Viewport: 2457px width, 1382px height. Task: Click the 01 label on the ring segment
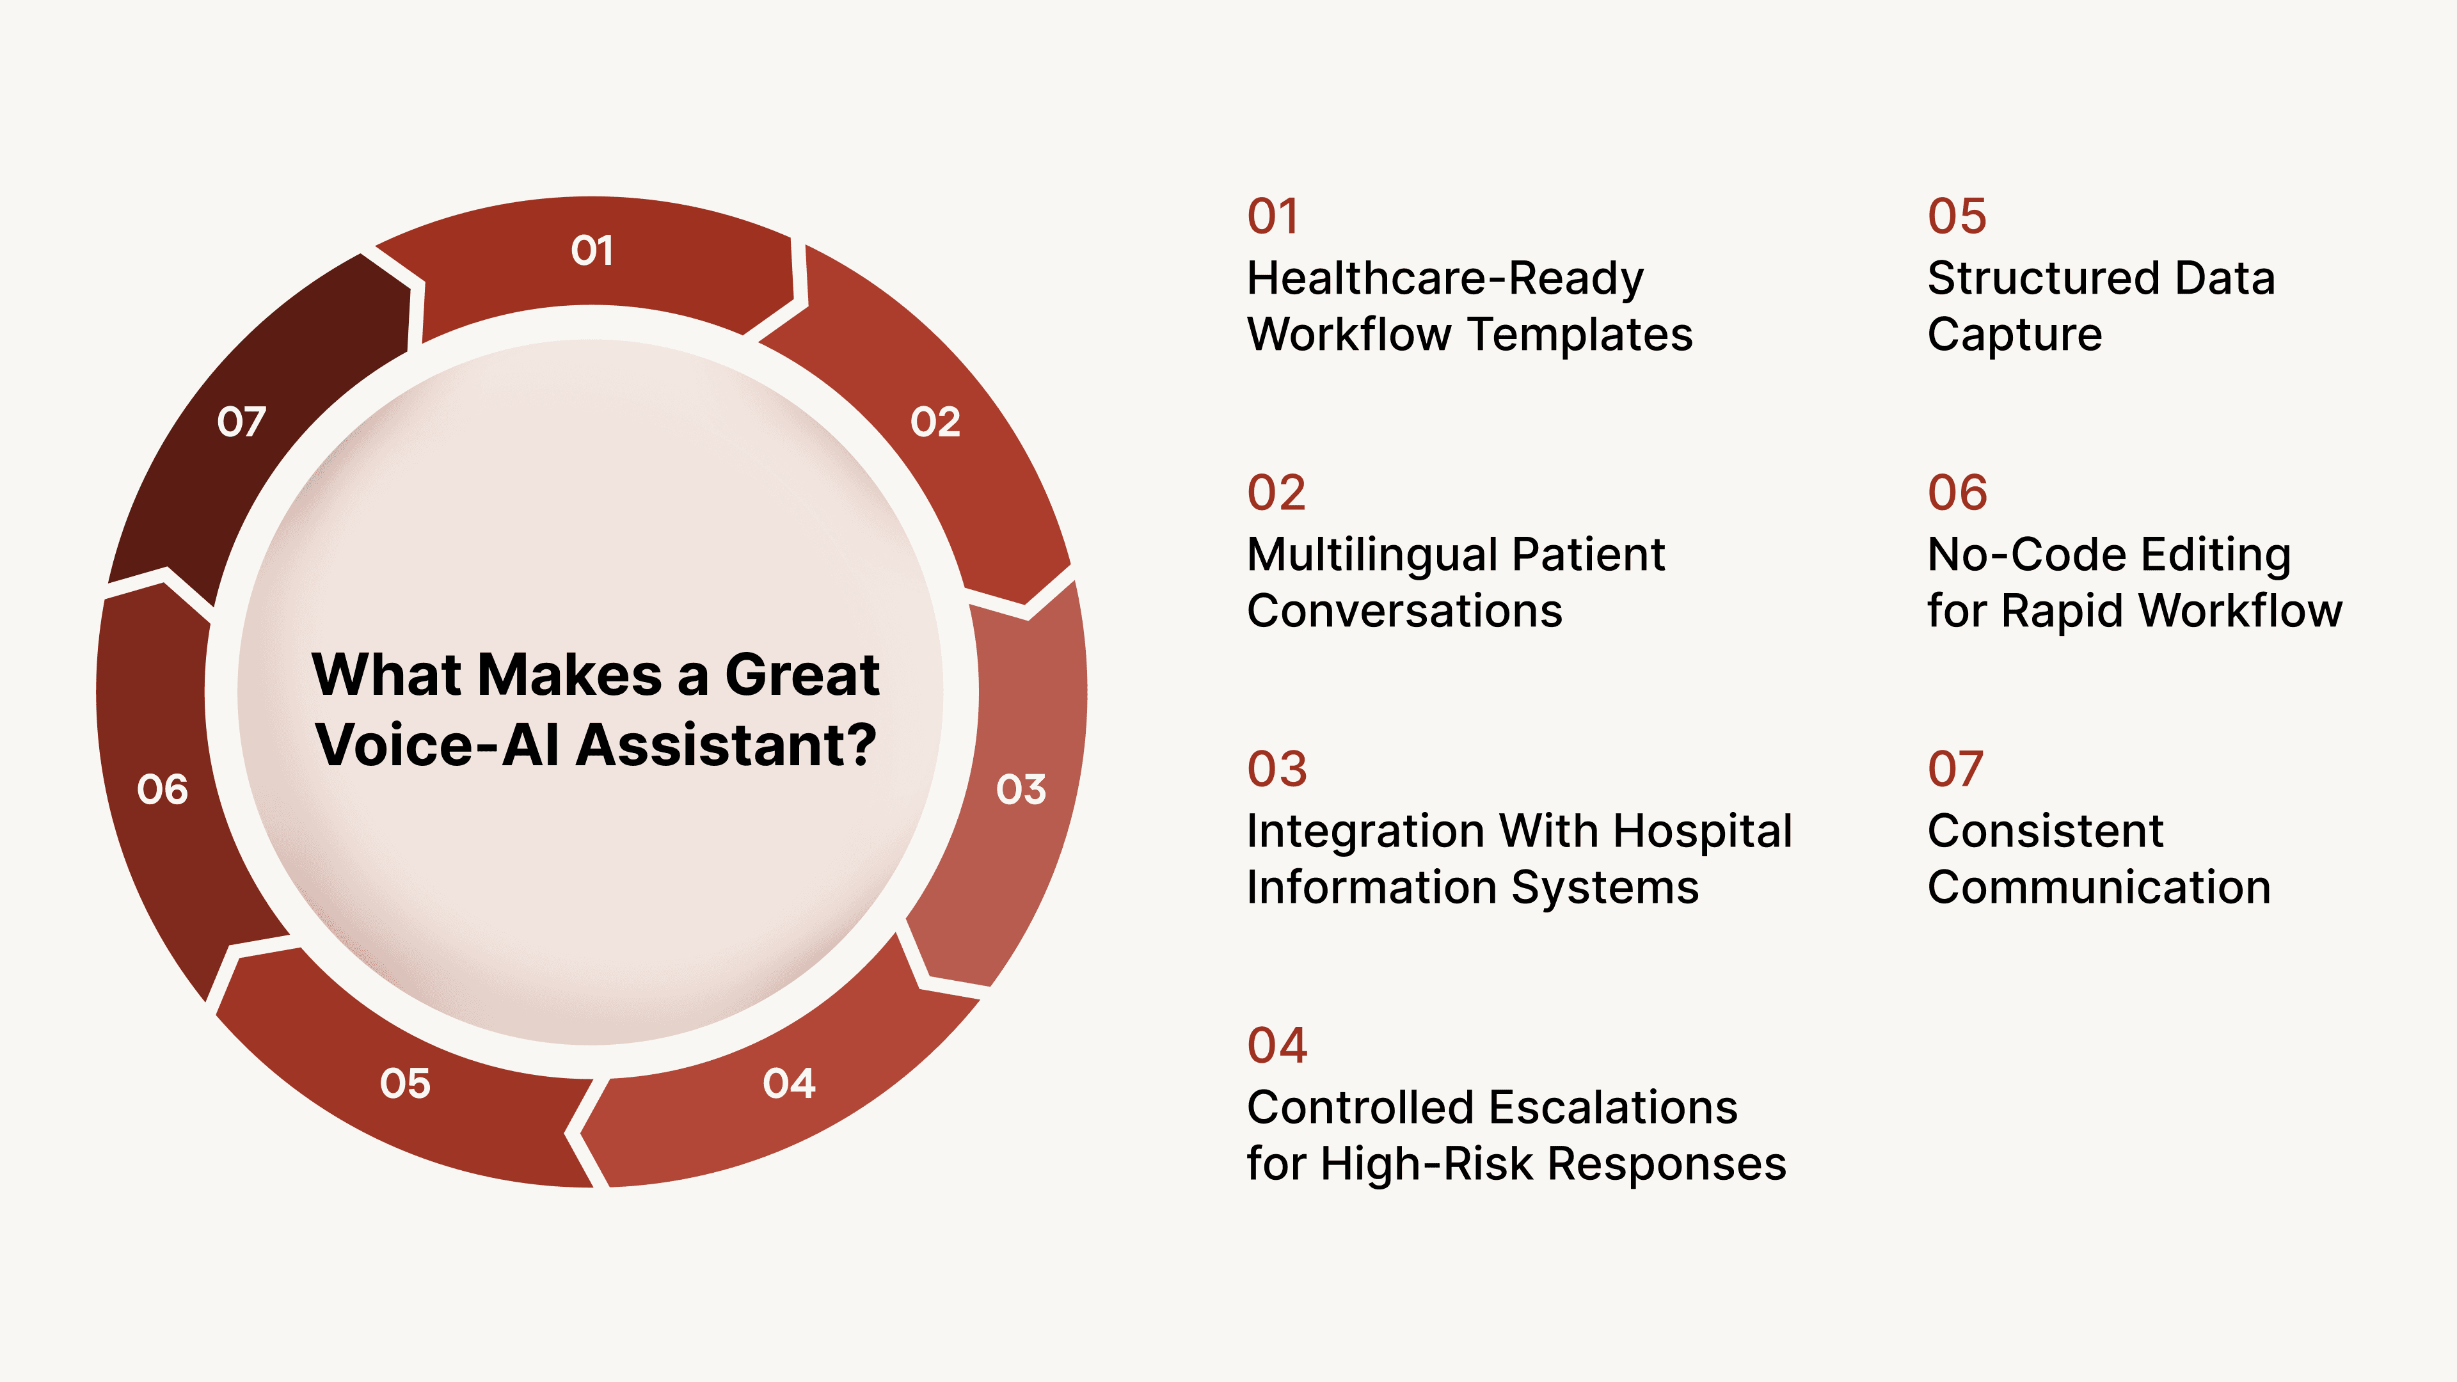591,251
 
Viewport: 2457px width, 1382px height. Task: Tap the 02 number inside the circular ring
935,422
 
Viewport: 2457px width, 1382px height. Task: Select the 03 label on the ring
1021,790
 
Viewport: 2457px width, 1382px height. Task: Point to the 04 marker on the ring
789,1083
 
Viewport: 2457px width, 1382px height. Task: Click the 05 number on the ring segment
404,1083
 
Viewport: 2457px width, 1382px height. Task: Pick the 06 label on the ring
162,790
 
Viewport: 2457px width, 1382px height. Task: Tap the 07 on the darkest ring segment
241,422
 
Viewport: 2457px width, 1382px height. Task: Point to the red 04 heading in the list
1276,1045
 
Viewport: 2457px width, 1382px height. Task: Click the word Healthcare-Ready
1445,278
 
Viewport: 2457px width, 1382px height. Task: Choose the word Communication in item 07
2099,887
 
